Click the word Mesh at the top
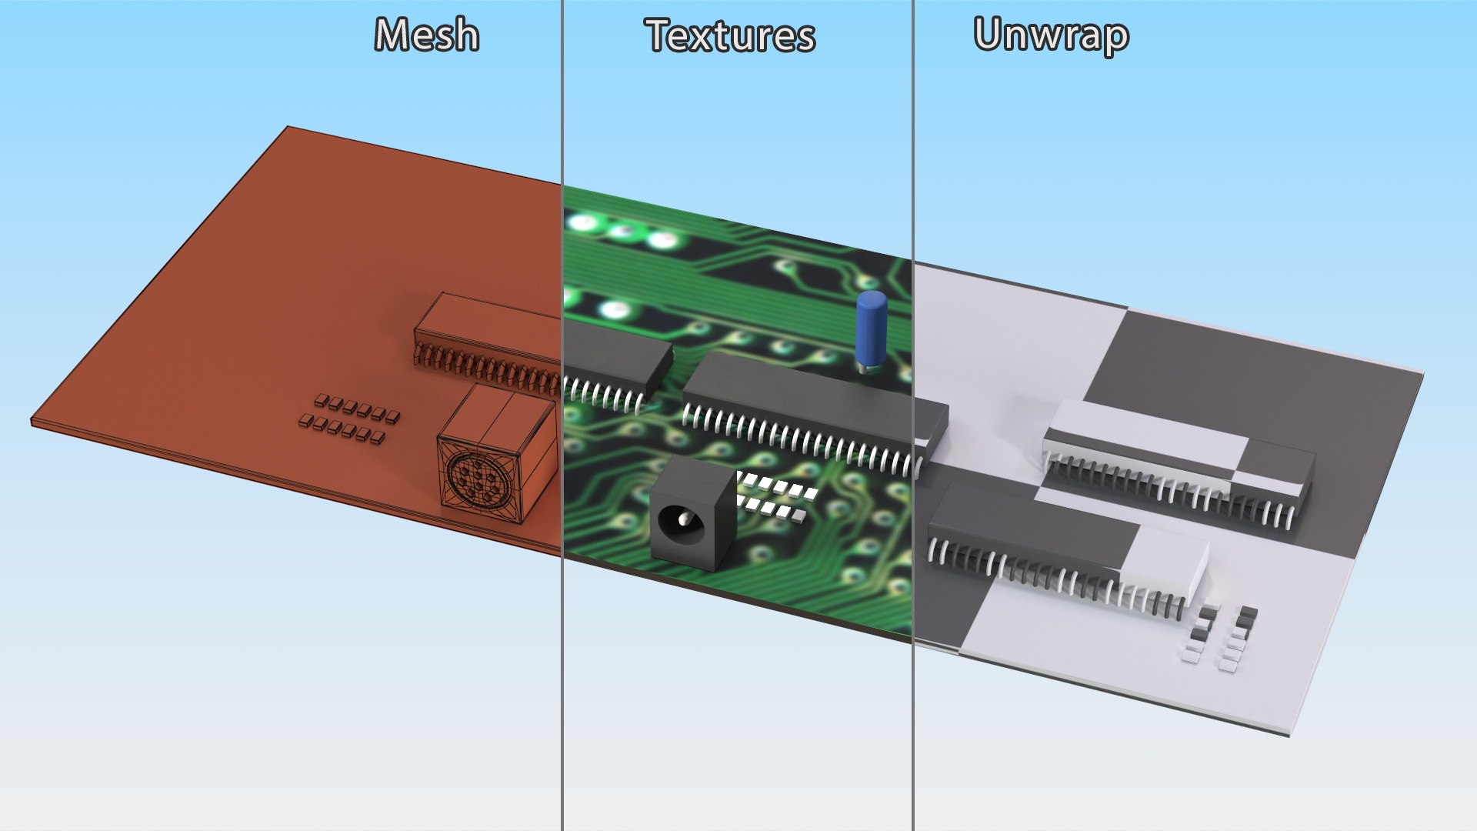tap(427, 35)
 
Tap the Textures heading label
tap(729, 36)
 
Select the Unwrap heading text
tap(1051, 35)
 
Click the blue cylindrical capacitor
tap(871, 329)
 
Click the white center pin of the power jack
tap(683, 520)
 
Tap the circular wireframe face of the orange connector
tap(477, 480)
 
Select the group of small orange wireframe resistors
tap(350, 420)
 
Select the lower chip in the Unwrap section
tap(1062, 546)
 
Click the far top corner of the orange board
tap(288, 128)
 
